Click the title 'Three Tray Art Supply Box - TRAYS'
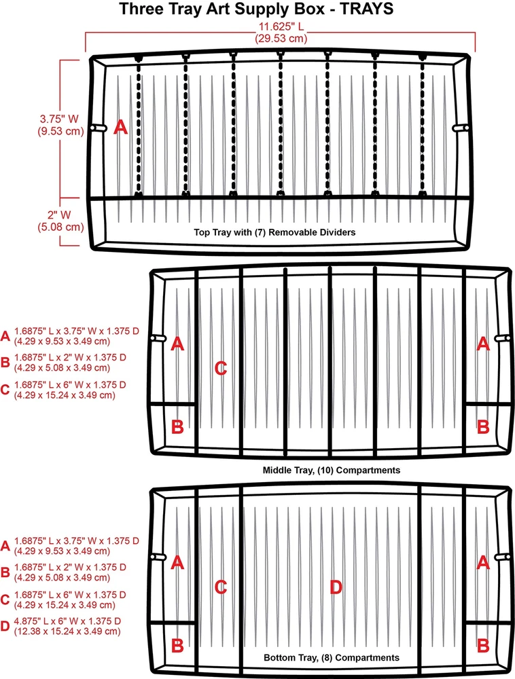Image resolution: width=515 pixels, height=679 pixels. coord(256,9)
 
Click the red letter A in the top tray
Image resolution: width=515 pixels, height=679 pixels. coord(120,128)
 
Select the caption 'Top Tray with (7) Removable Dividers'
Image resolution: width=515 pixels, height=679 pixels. coord(274,232)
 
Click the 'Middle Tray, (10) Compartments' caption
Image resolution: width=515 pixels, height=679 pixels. coord(332,471)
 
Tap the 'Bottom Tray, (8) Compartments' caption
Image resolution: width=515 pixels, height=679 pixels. coord(332,658)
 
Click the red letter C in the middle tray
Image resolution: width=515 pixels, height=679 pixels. coord(221,369)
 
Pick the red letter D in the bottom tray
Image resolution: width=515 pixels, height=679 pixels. coord(336,587)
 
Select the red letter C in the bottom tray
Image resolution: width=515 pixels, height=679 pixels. coord(221,587)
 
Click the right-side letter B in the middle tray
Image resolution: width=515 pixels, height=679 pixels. coord(483,427)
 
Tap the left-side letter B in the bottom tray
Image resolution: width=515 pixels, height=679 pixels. coord(177,646)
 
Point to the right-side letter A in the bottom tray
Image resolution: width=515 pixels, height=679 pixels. coord(483,562)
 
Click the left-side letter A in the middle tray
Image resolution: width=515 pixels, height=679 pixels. coord(177,344)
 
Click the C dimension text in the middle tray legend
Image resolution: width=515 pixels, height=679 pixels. coord(70,390)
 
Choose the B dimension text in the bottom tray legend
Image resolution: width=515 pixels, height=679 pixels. coord(70,572)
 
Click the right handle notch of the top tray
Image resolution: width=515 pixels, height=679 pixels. coord(461,128)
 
